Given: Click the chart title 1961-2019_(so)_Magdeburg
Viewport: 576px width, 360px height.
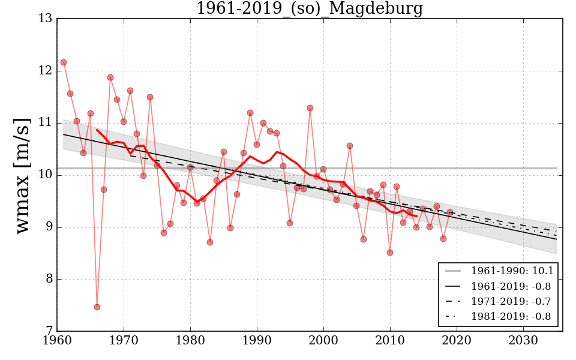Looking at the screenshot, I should (x=310, y=9).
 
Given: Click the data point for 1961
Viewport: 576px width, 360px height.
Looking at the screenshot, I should (x=64, y=62).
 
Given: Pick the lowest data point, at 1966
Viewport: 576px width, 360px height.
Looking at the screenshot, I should (x=97, y=307).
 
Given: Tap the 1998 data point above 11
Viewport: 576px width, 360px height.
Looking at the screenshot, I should (x=310, y=108).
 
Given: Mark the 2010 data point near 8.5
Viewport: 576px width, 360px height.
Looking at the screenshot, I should (x=390, y=253).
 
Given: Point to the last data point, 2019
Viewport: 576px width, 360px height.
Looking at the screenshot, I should (x=450, y=212).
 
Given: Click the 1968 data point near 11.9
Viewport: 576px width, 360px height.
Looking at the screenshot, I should (x=110, y=77).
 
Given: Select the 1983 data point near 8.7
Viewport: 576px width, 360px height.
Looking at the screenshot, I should (x=210, y=242).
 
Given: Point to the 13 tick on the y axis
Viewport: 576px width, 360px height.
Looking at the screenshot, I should (x=45, y=19).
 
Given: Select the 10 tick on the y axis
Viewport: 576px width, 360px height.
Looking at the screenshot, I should (x=45, y=175).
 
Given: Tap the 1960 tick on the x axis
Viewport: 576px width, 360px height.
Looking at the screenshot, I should (x=58, y=341).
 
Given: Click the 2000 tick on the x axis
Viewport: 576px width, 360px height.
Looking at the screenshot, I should (x=324, y=341).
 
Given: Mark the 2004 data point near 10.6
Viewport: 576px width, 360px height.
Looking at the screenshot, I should (x=350, y=146).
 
